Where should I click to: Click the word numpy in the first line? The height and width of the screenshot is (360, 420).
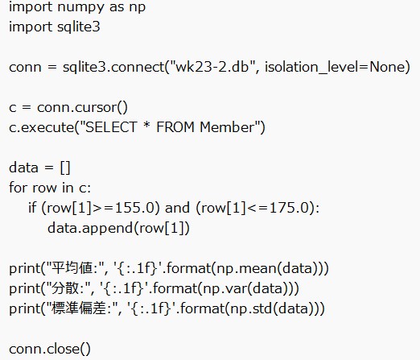click(x=72, y=7)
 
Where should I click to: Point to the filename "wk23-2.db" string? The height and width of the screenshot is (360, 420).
click(x=206, y=68)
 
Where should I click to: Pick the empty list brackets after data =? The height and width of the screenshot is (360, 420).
click(x=65, y=168)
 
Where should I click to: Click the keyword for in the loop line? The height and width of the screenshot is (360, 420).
click(x=18, y=188)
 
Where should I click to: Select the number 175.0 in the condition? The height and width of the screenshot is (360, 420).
click(x=287, y=208)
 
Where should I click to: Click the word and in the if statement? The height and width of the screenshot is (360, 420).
click(x=177, y=208)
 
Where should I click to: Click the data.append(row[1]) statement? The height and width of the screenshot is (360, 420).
click(x=118, y=228)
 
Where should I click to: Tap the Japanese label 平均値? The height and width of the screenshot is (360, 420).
click(x=67, y=268)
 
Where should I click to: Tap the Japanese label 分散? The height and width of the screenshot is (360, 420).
click(x=59, y=288)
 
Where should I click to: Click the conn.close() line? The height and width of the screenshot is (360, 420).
click(x=50, y=348)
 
